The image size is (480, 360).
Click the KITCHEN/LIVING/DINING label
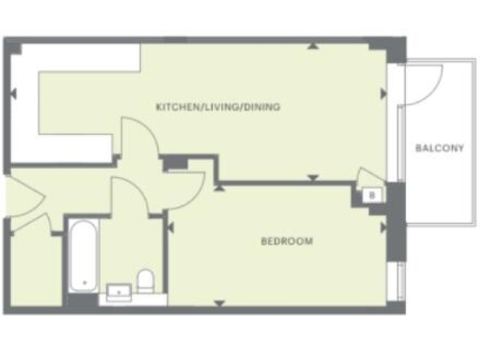coord(218,107)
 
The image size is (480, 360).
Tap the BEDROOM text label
coord(286,241)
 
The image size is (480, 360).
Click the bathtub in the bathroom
coord(84,254)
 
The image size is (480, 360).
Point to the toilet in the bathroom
coord(145,280)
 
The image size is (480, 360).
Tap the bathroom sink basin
coord(119,292)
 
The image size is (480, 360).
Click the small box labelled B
coord(371,195)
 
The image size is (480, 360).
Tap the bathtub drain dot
coord(84,281)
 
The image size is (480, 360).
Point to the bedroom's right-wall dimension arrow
coord(382,226)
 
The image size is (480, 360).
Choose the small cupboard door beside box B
coord(368,175)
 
